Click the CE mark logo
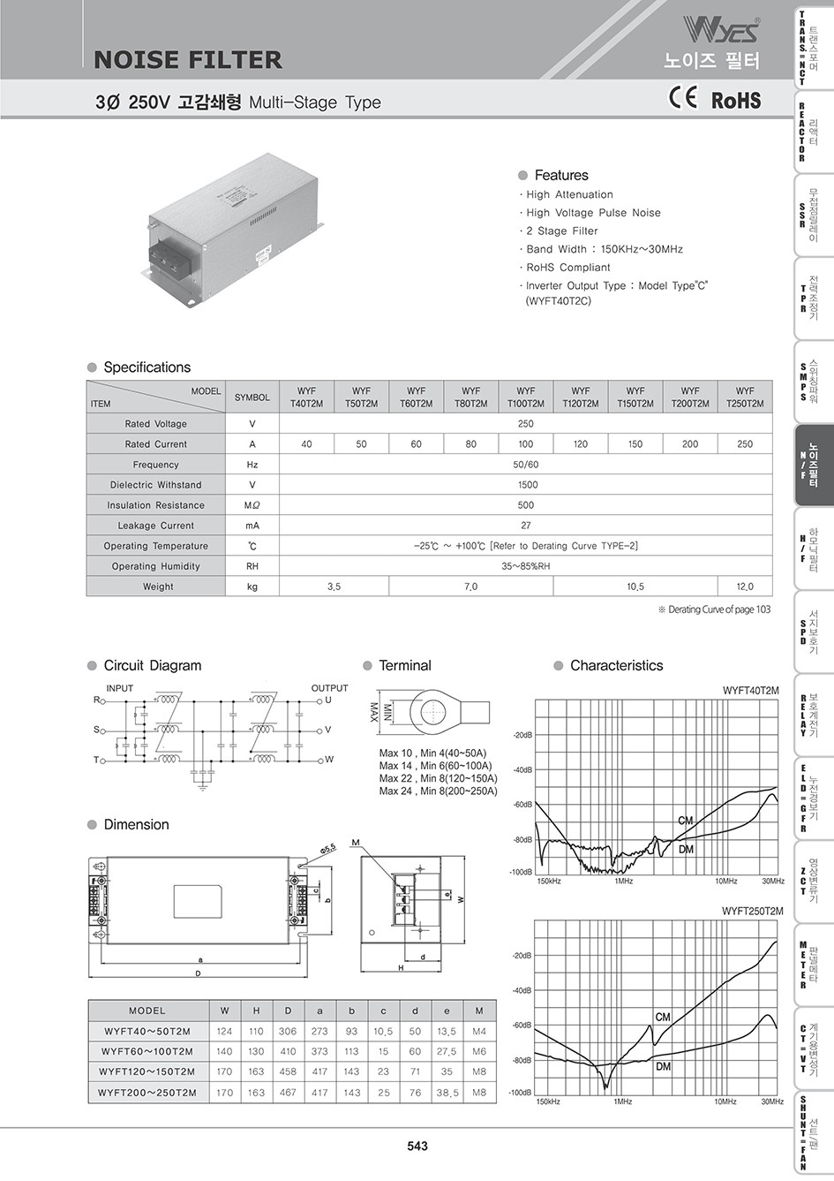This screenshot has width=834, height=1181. coord(683,98)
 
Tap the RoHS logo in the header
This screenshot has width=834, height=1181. coord(736,100)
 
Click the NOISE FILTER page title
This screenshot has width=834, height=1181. coord(188,60)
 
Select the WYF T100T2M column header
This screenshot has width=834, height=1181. coord(526,397)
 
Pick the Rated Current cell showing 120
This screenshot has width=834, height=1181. coord(581,444)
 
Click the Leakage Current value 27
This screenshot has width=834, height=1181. coord(526,526)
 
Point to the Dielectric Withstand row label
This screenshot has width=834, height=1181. coord(156,485)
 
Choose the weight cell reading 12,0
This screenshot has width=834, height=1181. coord(745,587)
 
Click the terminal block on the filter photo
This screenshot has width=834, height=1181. coord(165,254)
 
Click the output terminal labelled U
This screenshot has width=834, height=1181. coord(327,700)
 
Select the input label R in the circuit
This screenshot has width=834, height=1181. coord(97,700)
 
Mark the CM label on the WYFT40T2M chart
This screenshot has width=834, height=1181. coord(686,821)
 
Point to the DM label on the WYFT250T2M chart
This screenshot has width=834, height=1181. coord(663,1066)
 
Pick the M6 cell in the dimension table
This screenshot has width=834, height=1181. coord(479,1051)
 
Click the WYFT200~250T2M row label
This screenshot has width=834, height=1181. coord(147,1093)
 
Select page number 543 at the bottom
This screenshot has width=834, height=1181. coord(417,1146)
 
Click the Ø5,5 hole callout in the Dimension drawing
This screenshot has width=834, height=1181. coord(328,848)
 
